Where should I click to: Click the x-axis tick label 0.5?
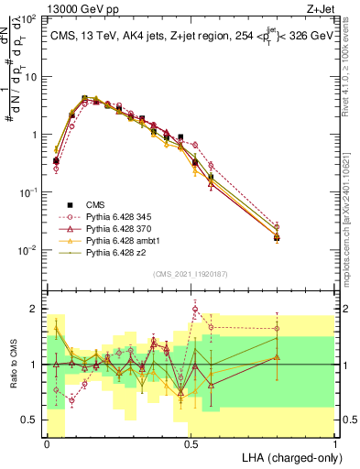pos(191,443)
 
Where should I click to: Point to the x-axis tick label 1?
pos(335,443)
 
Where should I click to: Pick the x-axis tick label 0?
pos(48,443)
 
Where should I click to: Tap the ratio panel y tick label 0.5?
pos(31,420)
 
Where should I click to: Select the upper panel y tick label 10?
pos(29,76)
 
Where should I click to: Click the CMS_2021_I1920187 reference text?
pos(191,272)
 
